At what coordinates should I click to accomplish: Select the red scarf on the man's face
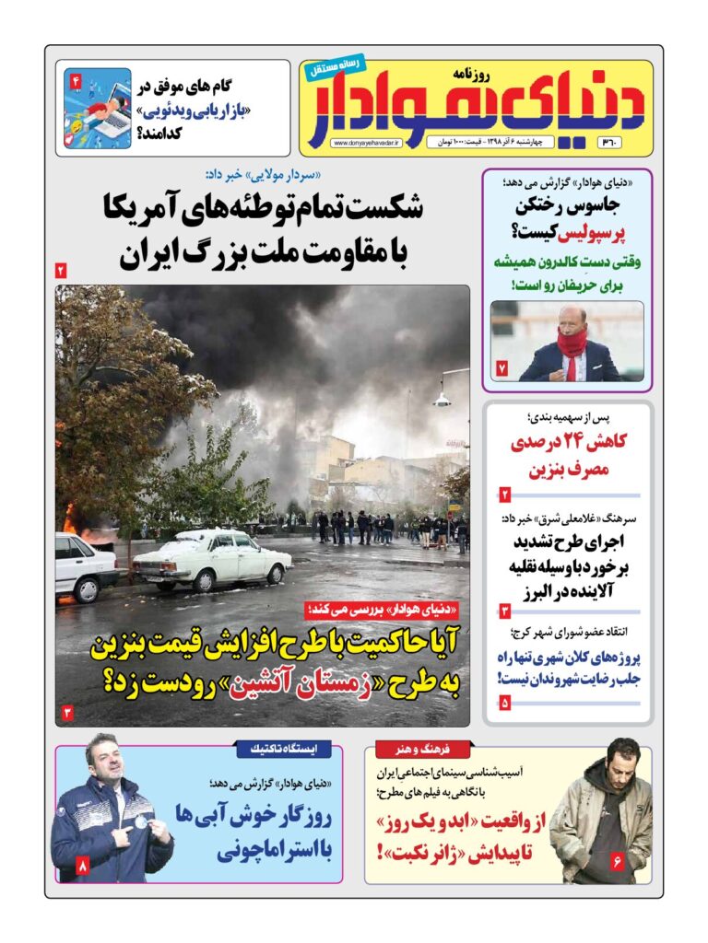coord(571,343)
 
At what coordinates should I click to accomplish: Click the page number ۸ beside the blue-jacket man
coord(82,866)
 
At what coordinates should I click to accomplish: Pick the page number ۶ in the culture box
coord(617,862)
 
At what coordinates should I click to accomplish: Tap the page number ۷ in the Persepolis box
coord(502,367)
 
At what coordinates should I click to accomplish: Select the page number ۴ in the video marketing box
coord(76,83)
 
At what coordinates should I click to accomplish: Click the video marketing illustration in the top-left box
coord(97,109)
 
